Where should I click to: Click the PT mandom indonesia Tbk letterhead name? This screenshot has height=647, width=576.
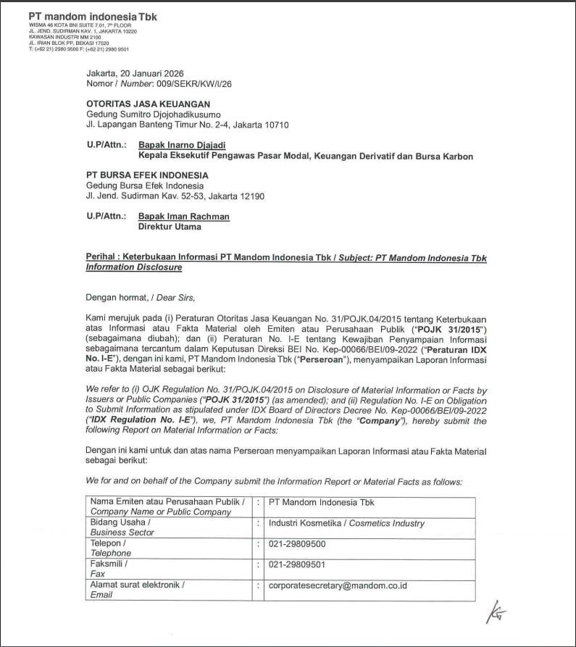click(x=92, y=15)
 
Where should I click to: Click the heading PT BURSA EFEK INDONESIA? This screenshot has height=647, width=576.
click(x=147, y=175)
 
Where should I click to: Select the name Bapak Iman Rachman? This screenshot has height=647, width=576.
click(x=183, y=216)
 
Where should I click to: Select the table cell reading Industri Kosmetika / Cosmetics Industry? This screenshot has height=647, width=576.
click(x=346, y=523)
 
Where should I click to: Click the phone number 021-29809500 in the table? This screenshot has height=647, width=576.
click(x=297, y=543)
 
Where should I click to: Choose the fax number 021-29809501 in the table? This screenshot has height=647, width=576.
click(x=297, y=564)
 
